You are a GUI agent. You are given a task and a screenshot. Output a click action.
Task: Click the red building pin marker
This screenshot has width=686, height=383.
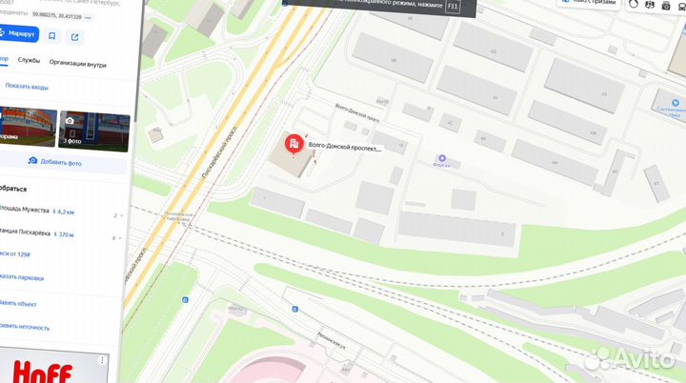coord(292,145)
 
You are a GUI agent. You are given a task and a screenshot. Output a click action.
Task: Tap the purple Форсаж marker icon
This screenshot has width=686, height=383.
coord(440,158)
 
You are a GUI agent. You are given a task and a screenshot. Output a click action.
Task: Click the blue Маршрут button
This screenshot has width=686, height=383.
coord(18,35)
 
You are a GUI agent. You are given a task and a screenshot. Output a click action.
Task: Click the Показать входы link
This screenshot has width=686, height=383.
coord(26,85)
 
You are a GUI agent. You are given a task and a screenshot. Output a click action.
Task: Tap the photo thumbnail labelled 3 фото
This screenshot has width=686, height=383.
coord(93,131)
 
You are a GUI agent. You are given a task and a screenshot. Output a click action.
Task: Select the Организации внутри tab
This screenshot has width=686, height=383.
coord(79,60)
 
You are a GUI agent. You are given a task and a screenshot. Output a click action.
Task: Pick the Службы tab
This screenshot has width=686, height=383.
coord(29,60)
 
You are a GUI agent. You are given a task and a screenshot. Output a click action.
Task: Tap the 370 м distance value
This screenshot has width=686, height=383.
coord(65,233)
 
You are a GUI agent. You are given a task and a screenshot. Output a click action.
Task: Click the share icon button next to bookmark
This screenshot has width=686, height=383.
coord(74,36)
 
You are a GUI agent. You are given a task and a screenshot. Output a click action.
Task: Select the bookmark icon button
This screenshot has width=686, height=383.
coord(51,36)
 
